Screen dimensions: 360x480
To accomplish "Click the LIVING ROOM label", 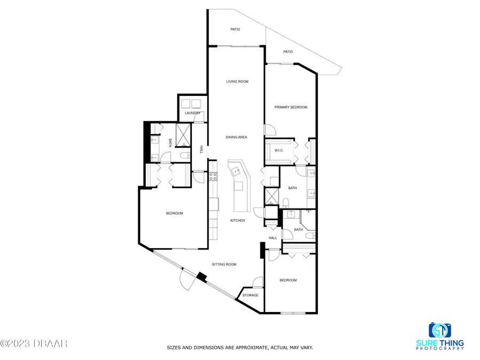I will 237,82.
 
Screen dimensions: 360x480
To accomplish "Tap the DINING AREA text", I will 236,138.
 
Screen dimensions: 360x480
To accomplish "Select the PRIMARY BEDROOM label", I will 291,107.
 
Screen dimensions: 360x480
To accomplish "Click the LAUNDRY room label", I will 192,113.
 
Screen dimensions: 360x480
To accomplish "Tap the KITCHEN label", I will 237,220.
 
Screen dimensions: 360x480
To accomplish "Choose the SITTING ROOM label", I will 224,265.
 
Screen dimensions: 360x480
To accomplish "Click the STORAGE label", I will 250,295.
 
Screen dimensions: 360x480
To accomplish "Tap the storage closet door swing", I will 258,282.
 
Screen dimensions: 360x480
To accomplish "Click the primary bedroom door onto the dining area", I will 269,130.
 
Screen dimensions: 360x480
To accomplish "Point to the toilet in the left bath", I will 183,156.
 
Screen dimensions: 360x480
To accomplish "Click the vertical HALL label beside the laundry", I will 201,150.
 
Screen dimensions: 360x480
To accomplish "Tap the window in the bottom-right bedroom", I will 291,313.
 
